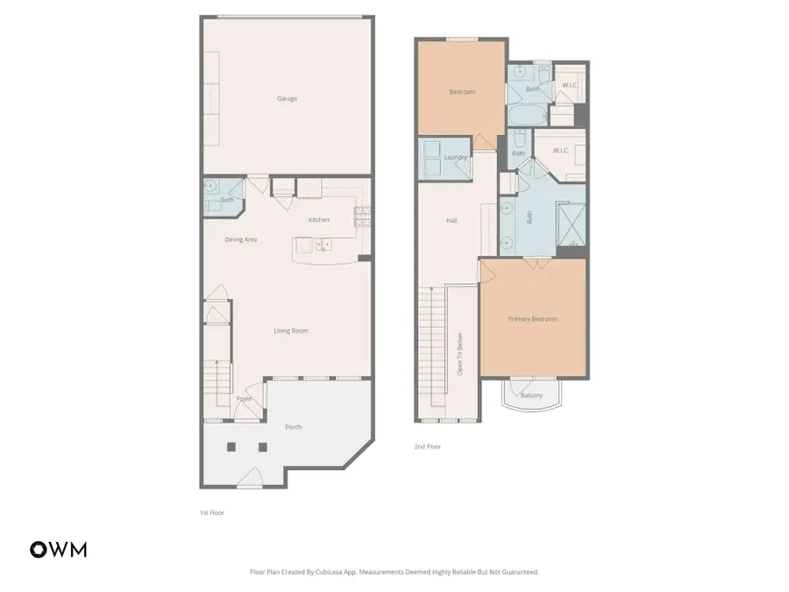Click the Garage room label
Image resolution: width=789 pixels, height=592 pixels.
point(287,99)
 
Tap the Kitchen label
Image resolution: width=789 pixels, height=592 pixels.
point(318,219)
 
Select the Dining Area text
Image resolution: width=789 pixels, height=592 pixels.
point(241,239)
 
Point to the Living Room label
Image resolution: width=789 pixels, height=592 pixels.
point(290,331)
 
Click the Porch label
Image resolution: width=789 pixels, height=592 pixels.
point(294,427)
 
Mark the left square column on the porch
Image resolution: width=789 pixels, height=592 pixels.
point(231,446)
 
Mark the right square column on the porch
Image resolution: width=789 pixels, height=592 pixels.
point(262,446)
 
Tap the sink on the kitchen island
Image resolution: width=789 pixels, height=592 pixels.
point(323,245)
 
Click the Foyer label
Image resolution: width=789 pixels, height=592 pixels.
point(244,399)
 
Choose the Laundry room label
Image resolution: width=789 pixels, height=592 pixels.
point(456,158)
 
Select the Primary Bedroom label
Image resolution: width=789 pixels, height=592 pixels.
point(533,319)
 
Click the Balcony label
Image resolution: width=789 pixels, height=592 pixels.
point(531,396)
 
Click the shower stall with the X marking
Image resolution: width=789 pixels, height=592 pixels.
point(570,222)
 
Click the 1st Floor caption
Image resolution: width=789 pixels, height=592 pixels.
point(211,512)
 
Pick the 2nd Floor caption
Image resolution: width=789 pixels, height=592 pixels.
point(427,446)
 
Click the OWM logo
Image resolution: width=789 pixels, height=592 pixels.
point(59,550)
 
